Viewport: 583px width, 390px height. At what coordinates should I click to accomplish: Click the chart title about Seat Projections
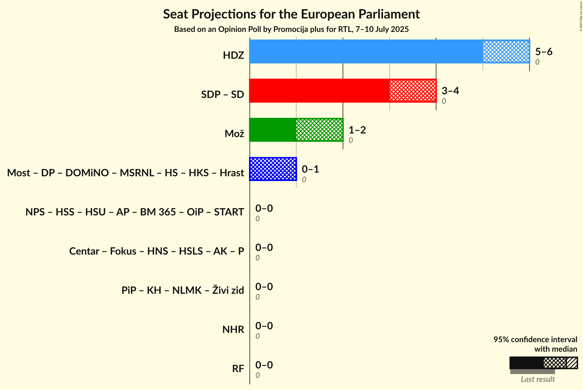[291, 14]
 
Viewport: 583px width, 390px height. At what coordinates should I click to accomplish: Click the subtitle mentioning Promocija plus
[291, 29]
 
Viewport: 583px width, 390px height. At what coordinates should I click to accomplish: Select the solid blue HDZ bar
[366, 51]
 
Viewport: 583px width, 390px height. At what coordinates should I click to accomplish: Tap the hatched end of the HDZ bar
[506, 51]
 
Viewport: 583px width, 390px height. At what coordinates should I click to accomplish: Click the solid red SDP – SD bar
[319, 91]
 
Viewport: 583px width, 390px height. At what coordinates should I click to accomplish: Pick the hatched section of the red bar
[413, 91]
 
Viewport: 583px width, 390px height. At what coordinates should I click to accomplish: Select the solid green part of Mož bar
[272, 130]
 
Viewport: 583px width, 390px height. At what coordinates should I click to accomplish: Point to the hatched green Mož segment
[319, 130]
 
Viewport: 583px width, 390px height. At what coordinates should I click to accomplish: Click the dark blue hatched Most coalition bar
[273, 169]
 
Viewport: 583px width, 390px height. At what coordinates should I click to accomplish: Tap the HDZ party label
[233, 55]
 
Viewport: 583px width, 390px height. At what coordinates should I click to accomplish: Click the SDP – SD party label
[222, 95]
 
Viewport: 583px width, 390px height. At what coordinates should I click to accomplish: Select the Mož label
[234, 134]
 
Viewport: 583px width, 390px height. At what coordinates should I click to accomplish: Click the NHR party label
[233, 330]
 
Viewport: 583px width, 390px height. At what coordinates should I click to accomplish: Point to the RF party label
[238, 369]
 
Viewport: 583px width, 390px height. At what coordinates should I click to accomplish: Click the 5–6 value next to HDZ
[544, 52]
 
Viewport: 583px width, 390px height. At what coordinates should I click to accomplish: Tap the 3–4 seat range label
[450, 91]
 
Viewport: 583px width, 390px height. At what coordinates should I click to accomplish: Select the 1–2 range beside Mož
[357, 130]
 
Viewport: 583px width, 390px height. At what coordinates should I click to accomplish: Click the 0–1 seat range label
[310, 169]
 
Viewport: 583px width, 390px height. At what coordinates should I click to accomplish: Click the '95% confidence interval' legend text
[535, 339]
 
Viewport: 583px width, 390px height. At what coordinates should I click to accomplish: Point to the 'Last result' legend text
[537, 379]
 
